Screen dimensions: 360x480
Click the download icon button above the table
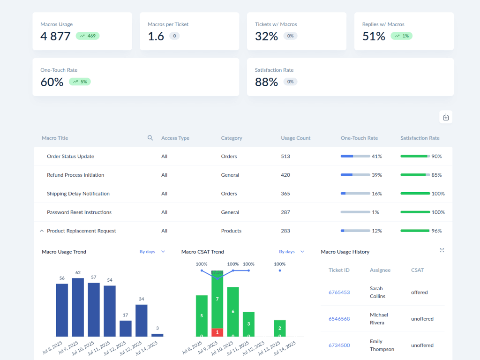(x=446, y=117)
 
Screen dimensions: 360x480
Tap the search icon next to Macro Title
(x=150, y=138)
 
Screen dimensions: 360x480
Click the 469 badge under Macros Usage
(x=88, y=36)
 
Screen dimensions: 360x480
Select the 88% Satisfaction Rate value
(x=266, y=82)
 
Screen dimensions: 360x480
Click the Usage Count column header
(x=295, y=138)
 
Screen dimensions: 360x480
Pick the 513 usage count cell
(x=285, y=156)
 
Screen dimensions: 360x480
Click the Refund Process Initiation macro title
(x=75, y=175)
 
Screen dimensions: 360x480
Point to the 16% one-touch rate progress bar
(x=355, y=193)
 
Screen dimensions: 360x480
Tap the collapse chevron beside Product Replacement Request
(x=42, y=231)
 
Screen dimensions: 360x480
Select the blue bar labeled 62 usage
(x=78, y=307)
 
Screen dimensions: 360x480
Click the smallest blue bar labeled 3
(x=157, y=335)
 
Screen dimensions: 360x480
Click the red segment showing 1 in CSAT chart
(x=217, y=332)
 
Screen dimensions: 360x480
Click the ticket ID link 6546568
(x=339, y=319)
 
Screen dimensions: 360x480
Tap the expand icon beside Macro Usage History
(x=442, y=251)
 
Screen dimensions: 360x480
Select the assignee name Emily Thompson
(x=382, y=345)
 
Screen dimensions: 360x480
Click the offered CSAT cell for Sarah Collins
(x=419, y=292)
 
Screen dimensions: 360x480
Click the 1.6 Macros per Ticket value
(x=156, y=36)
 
